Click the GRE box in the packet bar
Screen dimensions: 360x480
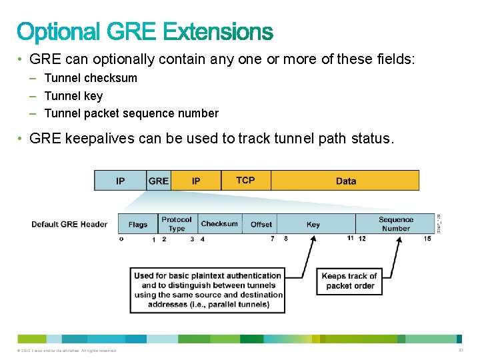coord(159,181)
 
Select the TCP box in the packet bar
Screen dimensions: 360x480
coord(245,181)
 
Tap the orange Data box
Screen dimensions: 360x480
coord(345,181)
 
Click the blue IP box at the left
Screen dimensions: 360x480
coord(120,181)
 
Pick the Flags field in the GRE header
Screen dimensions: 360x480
coord(138,224)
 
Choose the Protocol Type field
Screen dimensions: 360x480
coord(177,224)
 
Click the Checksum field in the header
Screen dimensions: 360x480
coord(219,224)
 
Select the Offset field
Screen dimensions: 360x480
coord(261,224)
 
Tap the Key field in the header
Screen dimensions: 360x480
coord(313,224)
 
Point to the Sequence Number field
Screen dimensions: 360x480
coord(396,224)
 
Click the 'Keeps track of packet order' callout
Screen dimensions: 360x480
coord(349,281)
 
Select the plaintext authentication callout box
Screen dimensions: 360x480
coord(207,290)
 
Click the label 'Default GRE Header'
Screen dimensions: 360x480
coord(69,224)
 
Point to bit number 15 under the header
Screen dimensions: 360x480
coord(427,239)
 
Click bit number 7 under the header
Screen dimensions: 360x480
coord(272,239)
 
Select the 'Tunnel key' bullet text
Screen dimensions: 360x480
coord(73,96)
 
